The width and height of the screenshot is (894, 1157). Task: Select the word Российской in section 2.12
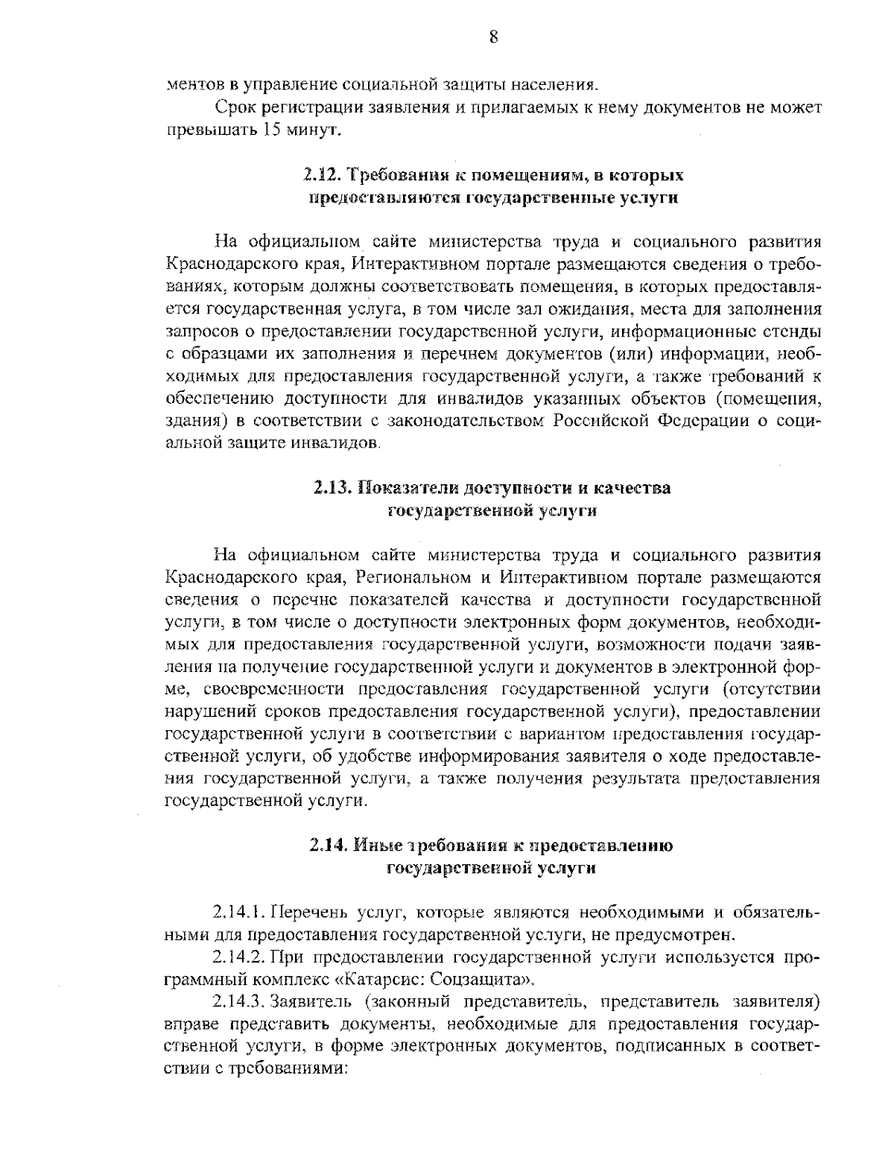pyautogui.click(x=600, y=421)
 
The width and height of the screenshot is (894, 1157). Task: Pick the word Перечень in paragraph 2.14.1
pyautogui.click(x=301, y=913)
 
